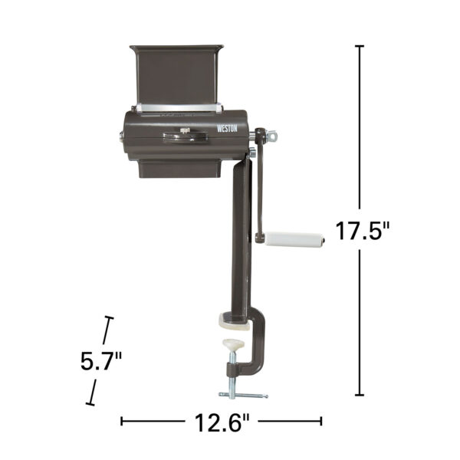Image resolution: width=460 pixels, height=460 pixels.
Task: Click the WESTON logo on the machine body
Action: pyautogui.click(x=228, y=130)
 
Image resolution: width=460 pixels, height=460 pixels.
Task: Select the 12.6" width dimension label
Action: pyautogui.click(x=222, y=421)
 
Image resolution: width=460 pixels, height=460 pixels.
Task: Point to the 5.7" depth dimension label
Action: pyautogui.click(x=101, y=360)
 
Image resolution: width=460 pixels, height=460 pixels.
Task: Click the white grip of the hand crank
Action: pyautogui.click(x=295, y=239)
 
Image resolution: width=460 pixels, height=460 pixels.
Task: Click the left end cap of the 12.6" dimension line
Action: pyautogui.click(x=122, y=420)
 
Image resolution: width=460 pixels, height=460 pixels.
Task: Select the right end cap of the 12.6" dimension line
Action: pyautogui.click(x=321, y=420)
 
